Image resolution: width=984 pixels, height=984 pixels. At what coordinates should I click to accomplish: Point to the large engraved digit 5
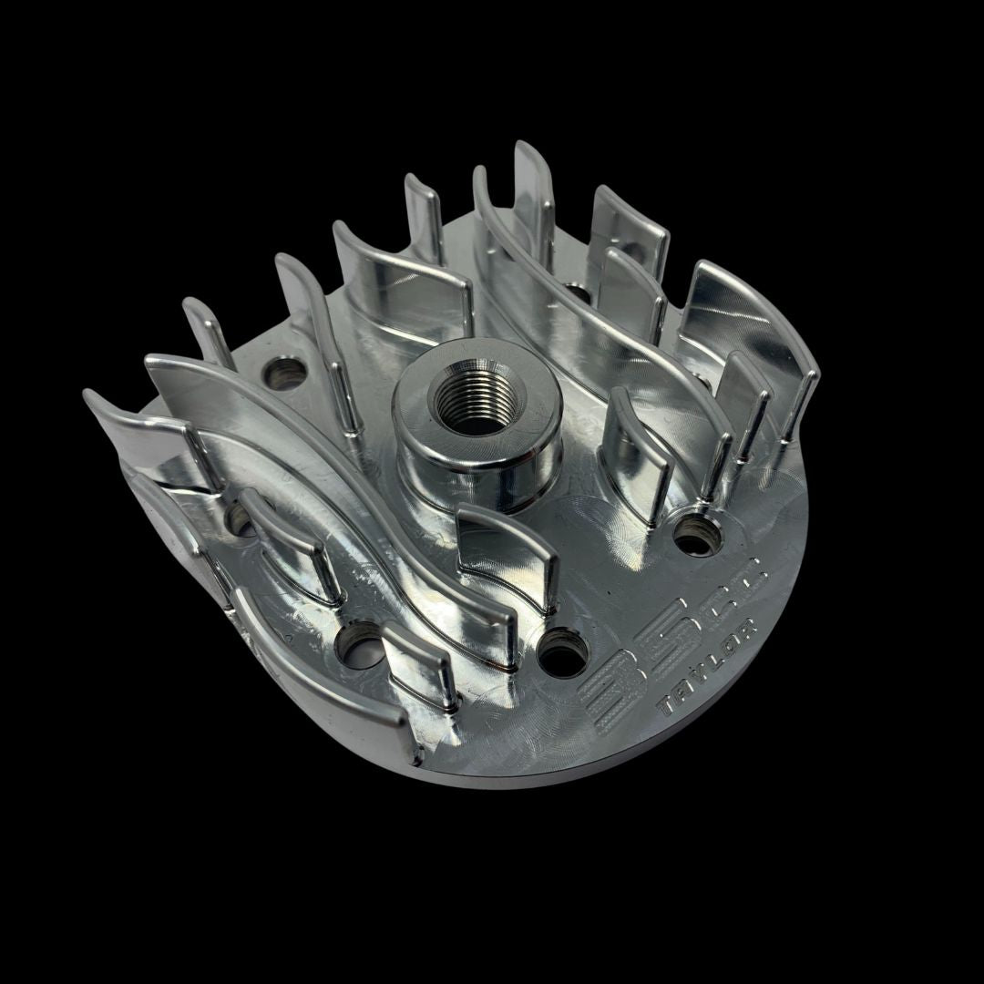click(667, 643)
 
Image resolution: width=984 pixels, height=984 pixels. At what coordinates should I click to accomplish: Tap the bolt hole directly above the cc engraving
click(698, 534)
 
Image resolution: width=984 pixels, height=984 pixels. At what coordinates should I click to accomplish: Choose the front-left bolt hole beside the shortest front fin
click(356, 643)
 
